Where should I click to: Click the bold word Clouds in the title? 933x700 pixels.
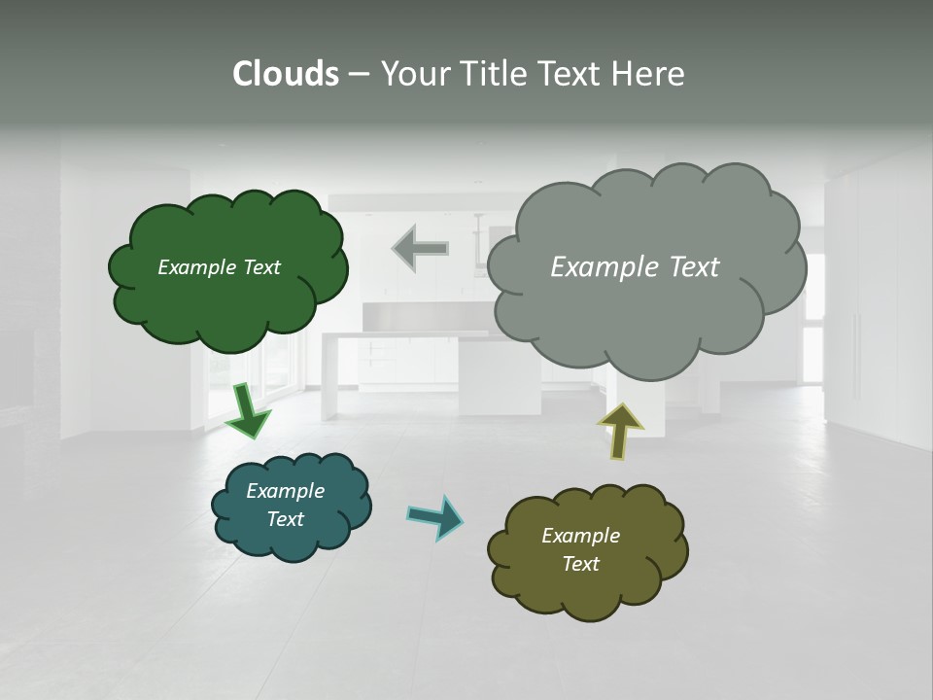[286, 74]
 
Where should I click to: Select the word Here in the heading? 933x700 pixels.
[648, 74]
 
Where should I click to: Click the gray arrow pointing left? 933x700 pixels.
[420, 248]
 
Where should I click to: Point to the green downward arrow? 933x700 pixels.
[248, 409]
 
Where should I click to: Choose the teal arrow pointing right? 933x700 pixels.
[434, 516]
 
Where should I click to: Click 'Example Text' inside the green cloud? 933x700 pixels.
[219, 267]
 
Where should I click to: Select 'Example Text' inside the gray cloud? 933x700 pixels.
[635, 267]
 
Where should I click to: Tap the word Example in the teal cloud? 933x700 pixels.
[285, 491]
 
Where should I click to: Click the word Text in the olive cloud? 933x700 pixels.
[580, 564]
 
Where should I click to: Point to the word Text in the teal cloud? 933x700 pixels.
[285, 519]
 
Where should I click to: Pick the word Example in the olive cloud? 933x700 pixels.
[580, 536]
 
